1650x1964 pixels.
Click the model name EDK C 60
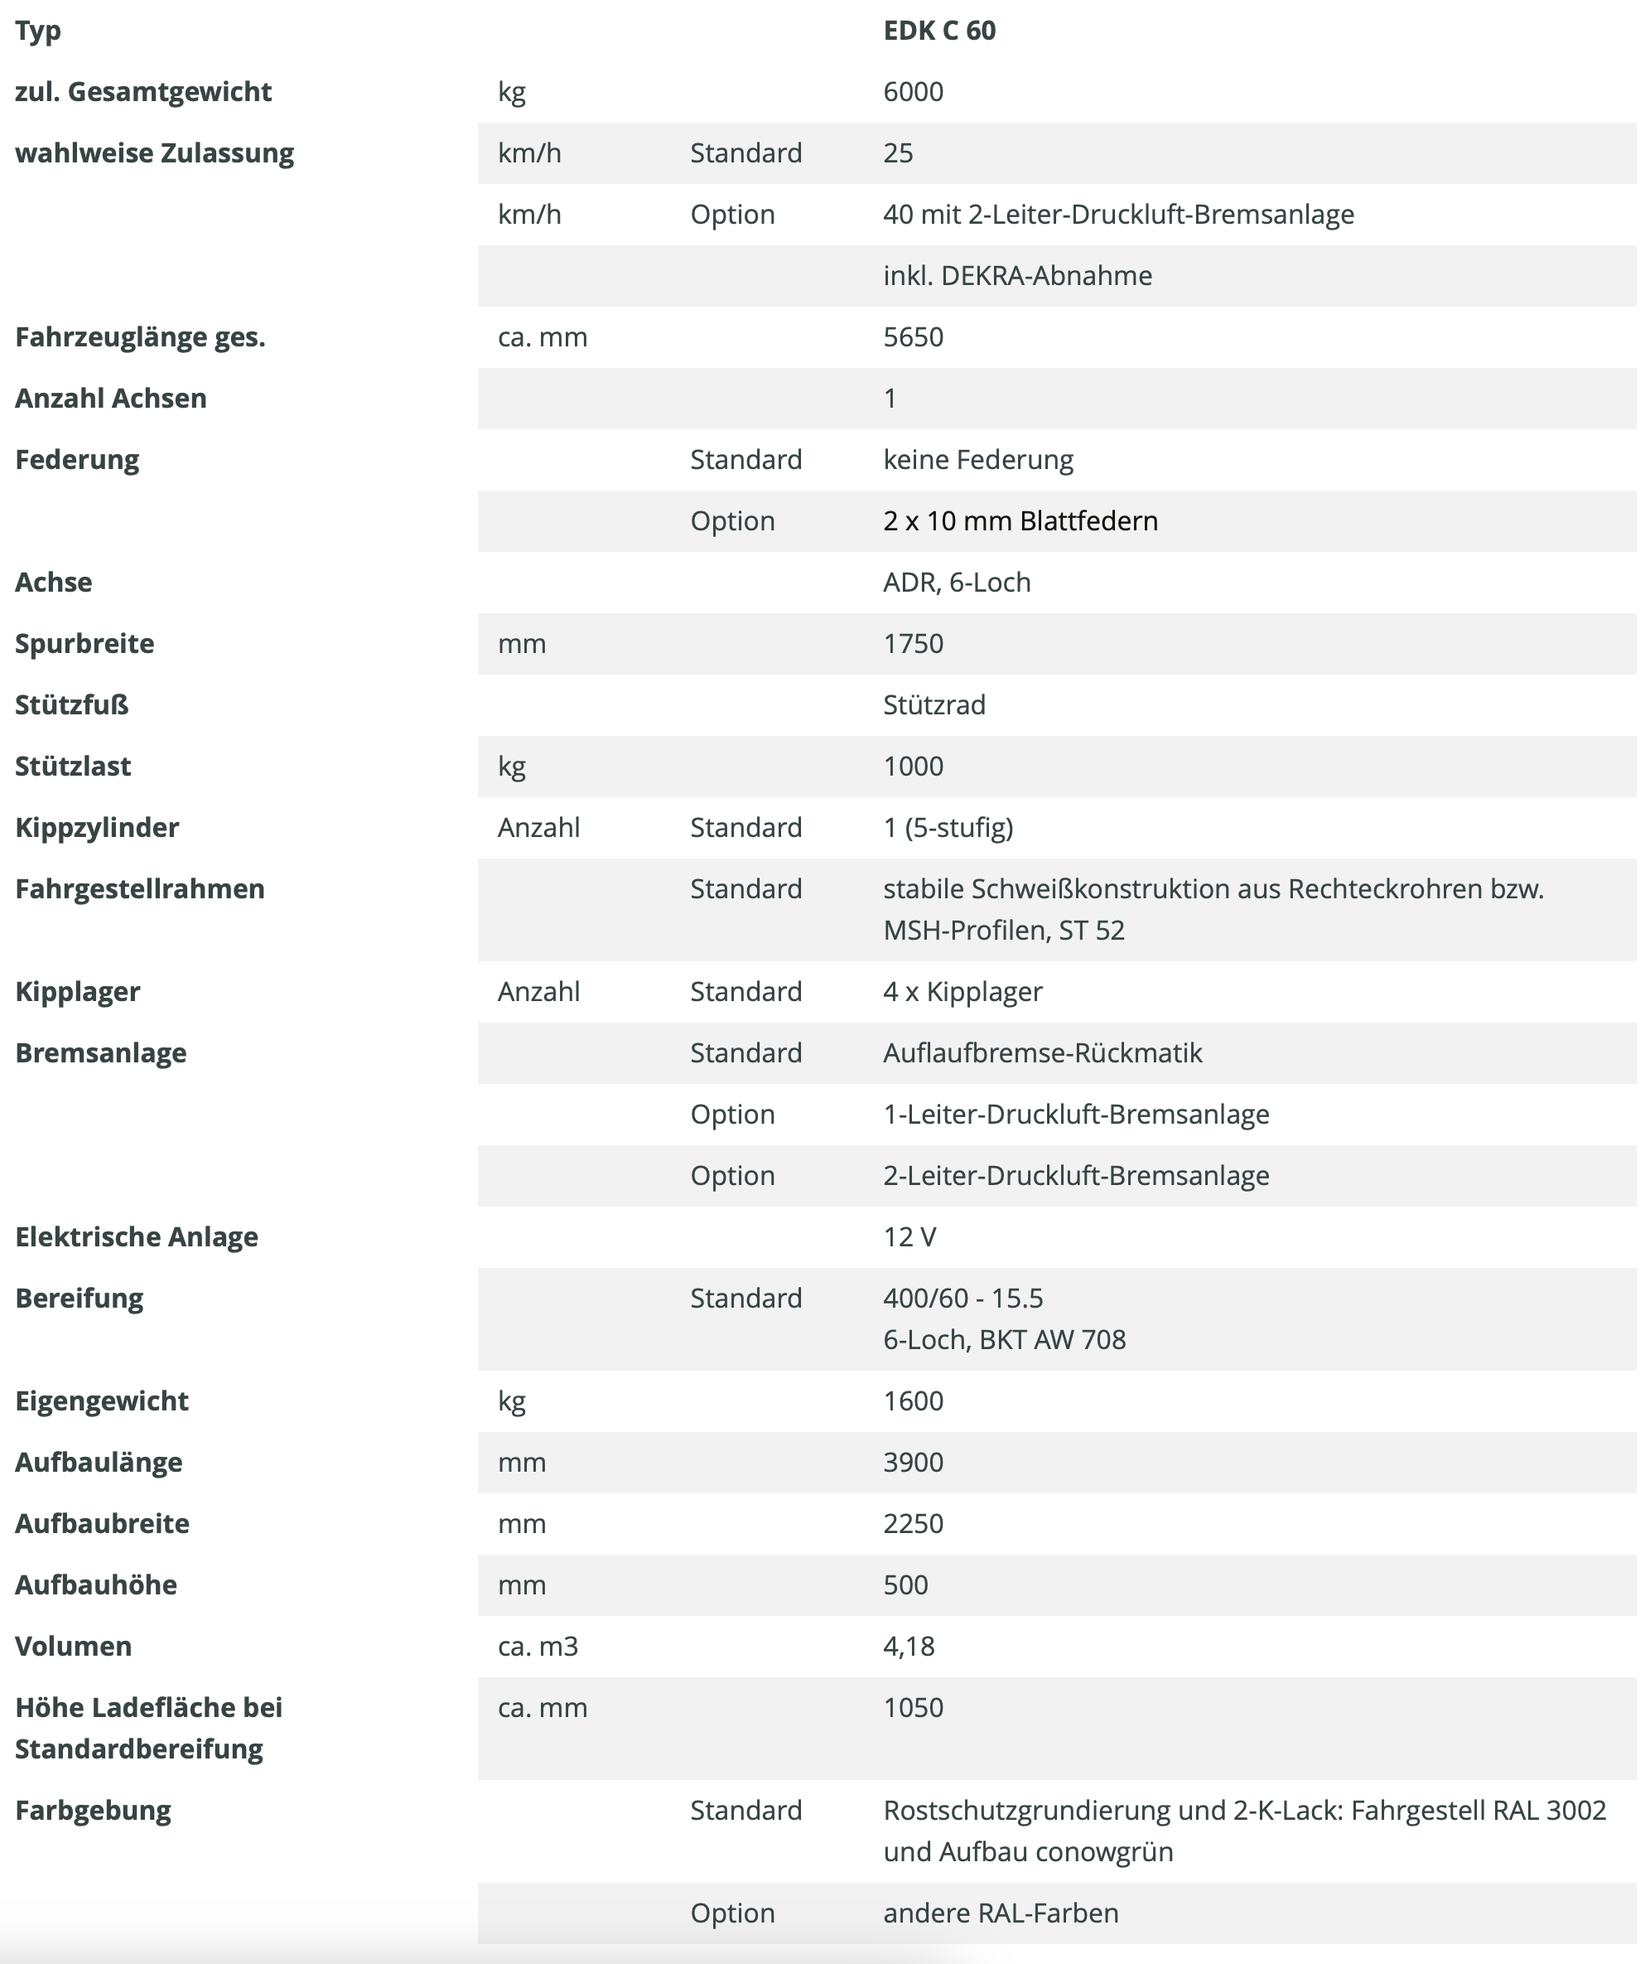tap(939, 31)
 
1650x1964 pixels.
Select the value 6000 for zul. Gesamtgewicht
tap(913, 92)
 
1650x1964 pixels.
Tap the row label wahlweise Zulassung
tap(154, 152)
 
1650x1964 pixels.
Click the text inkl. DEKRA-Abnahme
tap(1016, 275)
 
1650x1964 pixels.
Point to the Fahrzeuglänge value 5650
tap(913, 336)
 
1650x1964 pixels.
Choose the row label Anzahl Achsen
tap(110, 398)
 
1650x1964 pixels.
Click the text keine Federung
tap(977, 459)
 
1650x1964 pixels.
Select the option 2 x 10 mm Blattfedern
tap(1020, 520)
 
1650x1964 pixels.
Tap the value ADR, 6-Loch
tap(956, 582)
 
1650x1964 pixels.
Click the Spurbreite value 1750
tap(913, 643)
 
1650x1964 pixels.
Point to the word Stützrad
tap(934, 704)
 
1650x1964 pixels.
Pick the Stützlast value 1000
tap(913, 766)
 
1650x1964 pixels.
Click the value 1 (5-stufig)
tap(948, 827)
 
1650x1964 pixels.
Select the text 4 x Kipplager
tap(962, 991)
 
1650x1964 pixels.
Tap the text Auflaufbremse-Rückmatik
tap(1042, 1052)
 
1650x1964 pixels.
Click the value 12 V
tap(909, 1236)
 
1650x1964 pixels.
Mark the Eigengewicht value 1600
tap(913, 1400)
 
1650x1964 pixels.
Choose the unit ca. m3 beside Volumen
tap(538, 1646)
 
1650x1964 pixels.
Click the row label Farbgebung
tap(93, 1811)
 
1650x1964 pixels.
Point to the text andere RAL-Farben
tap(1000, 1913)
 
